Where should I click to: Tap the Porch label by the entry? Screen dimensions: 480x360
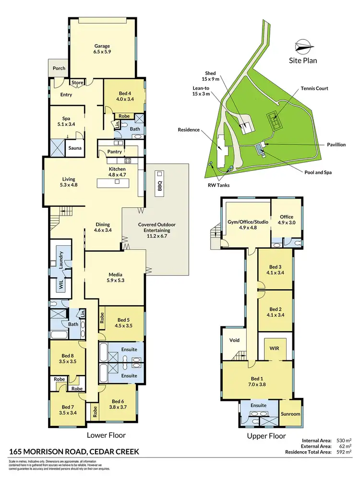(59, 69)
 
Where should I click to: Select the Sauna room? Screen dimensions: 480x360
(74, 148)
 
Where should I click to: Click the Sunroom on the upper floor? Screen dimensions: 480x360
(291, 414)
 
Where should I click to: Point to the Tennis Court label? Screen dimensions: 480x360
(314, 88)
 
